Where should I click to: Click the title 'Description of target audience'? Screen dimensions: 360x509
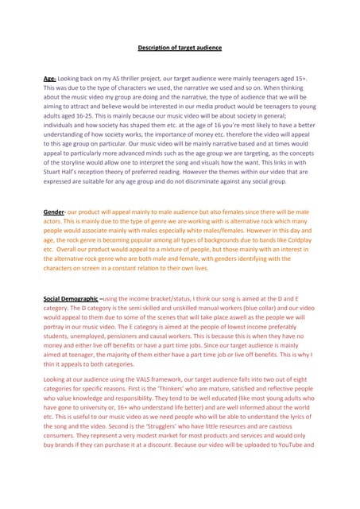(x=180, y=48)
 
